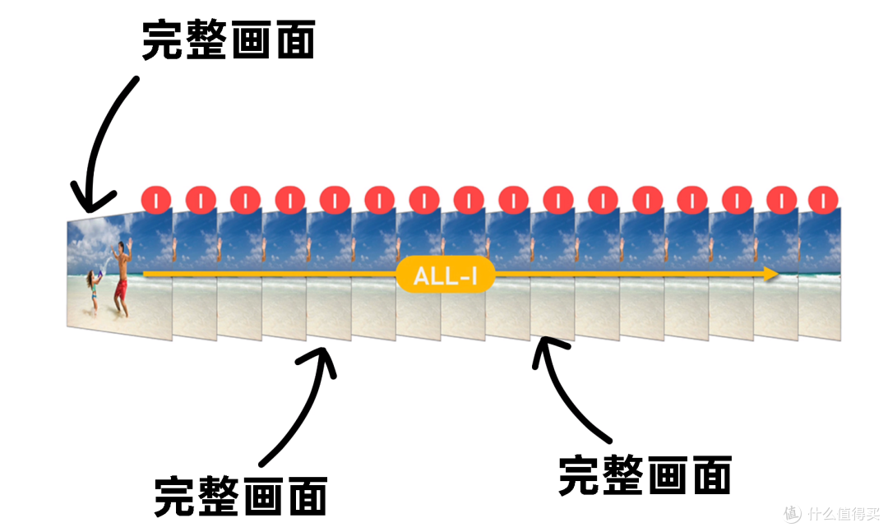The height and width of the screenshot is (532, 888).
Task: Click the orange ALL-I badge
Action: (x=445, y=275)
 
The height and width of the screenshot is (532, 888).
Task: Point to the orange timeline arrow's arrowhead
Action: (x=770, y=274)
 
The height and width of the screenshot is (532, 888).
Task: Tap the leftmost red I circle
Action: (x=156, y=200)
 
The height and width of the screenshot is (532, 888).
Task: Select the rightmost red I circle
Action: (x=823, y=200)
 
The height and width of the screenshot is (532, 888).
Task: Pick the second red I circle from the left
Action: (x=201, y=200)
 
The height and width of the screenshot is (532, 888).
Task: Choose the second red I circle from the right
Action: (x=781, y=200)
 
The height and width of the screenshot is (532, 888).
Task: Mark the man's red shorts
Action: (x=121, y=288)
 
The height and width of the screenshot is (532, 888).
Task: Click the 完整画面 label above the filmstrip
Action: (x=228, y=40)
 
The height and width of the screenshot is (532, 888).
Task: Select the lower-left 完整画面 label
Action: (x=240, y=495)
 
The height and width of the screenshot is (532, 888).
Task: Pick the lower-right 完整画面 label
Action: (x=645, y=475)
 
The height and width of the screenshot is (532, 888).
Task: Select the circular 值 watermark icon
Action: (x=791, y=513)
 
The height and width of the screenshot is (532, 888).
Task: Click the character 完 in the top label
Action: (x=163, y=40)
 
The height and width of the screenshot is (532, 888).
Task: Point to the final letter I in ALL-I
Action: (x=473, y=276)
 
